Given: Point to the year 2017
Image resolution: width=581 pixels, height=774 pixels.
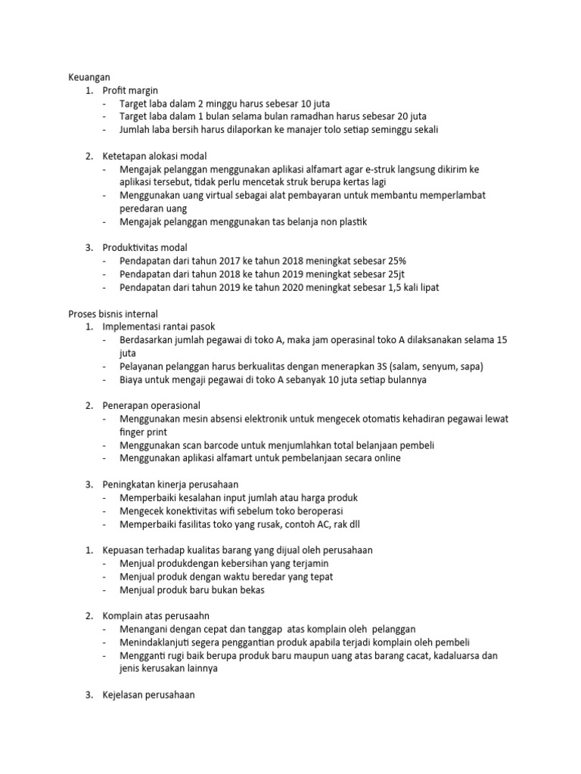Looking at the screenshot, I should pyautogui.click(x=228, y=261).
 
